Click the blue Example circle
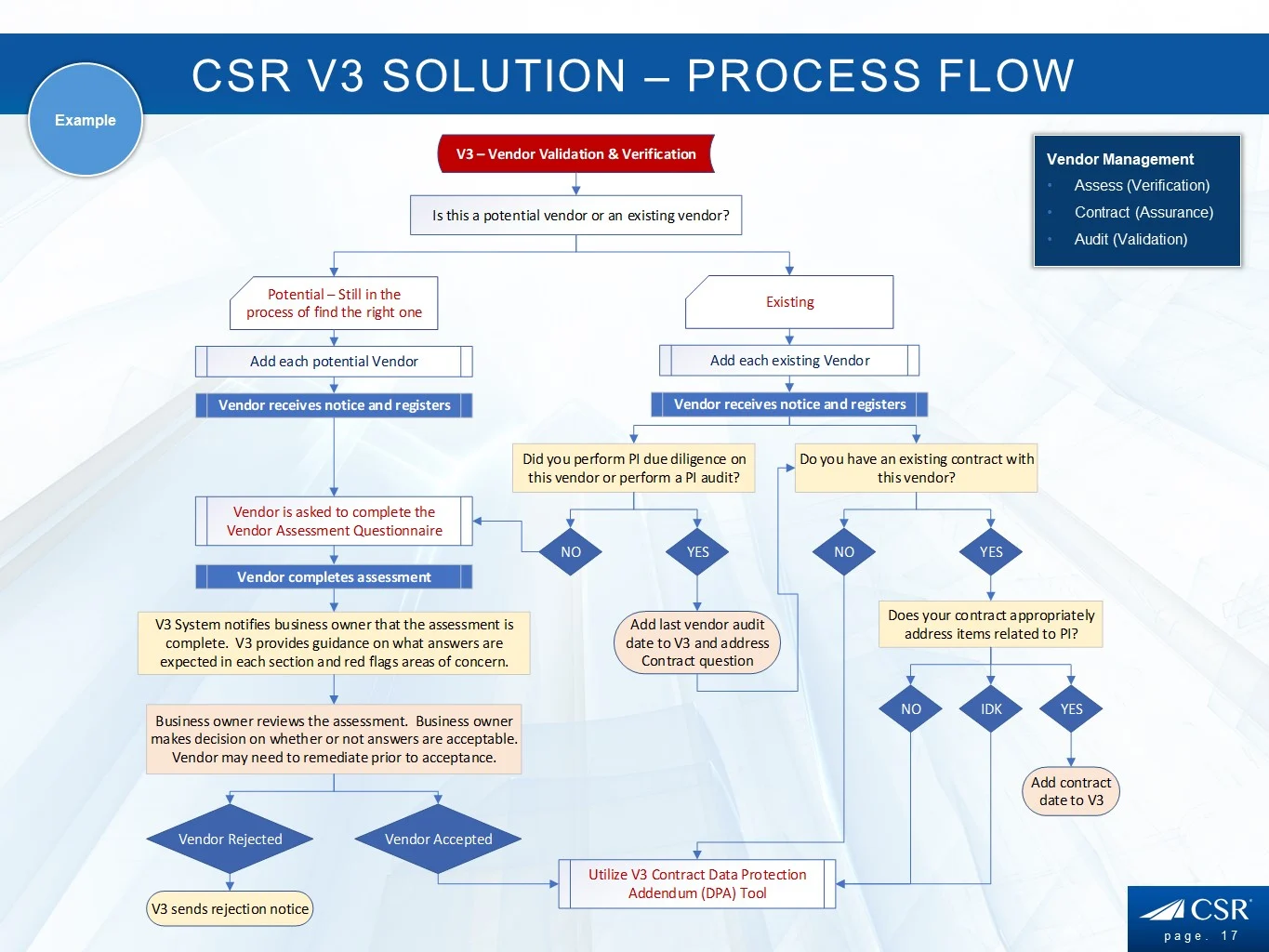point(86,120)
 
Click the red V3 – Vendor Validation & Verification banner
point(575,154)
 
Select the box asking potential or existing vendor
point(576,215)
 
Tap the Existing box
point(789,302)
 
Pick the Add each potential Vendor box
point(334,362)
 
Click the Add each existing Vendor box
point(789,361)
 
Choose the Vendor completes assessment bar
point(334,577)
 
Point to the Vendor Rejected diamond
point(230,840)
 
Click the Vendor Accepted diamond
point(438,840)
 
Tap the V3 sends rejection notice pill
point(230,909)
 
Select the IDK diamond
point(991,709)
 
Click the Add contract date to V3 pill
point(1071,791)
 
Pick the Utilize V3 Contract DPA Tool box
point(697,884)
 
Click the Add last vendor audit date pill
point(697,642)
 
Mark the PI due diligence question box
point(634,469)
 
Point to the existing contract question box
point(916,469)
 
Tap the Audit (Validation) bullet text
point(1130,239)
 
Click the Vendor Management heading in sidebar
point(1120,159)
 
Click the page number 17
point(1230,936)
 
